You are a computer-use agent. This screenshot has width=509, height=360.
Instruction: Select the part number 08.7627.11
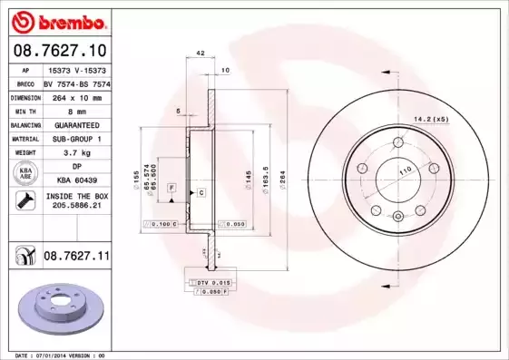(x=76, y=258)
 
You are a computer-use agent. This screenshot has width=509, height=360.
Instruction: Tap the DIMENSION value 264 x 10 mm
(x=76, y=95)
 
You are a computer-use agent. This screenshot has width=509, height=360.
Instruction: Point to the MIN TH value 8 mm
(x=76, y=110)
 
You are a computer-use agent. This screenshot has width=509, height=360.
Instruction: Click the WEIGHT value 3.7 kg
(x=76, y=153)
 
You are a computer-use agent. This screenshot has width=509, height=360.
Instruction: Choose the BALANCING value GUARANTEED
(x=76, y=124)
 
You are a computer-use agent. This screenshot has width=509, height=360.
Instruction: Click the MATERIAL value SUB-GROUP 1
(x=76, y=139)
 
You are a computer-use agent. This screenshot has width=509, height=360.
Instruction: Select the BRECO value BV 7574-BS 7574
(x=76, y=82)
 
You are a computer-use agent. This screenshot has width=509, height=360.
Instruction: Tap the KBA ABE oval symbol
(x=24, y=174)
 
